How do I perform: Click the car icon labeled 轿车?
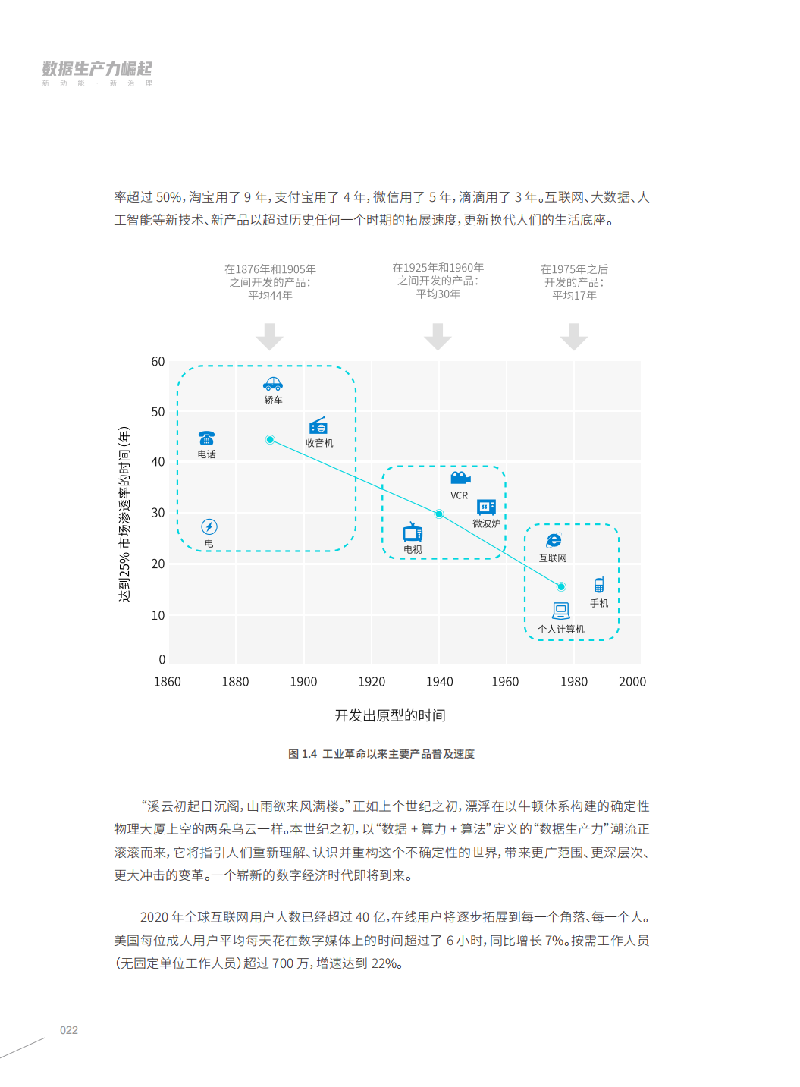(x=273, y=384)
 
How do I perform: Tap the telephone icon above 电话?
(x=206, y=438)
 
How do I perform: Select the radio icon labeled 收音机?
(x=318, y=426)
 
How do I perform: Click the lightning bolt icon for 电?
(x=209, y=526)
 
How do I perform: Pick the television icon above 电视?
(x=413, y=533)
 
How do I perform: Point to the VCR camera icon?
(x=460, y=478)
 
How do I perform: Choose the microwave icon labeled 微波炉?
(x=486, y=507)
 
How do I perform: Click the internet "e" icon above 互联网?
(x=554, y=540)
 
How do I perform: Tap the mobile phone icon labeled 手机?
(x=599, y=585)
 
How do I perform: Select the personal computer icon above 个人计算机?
(x=561, y=611)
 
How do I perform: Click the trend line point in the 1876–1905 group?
(x=270, y=440)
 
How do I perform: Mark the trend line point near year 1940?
(x=439, y=514)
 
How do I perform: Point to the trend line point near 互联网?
(x=561, y=586)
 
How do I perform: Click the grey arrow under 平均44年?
(x=269, y=337)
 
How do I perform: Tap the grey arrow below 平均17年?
(x=574, y=337)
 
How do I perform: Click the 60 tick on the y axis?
(x=158, y=362)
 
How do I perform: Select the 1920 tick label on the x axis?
(x=372, y=682)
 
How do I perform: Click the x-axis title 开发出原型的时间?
(x=390, y=715)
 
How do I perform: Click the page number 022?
(x=69, y=1030)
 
